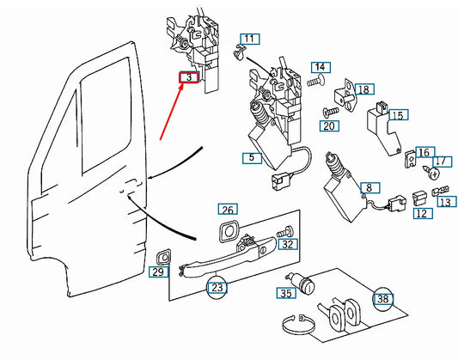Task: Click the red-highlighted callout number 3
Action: tap(188, 78)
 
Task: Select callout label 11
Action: tap(248, 40)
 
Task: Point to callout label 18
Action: tap(363, 89)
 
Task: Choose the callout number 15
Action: tap(397, 114)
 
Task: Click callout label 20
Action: tap(328, 126)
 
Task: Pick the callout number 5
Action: tap(250, 158)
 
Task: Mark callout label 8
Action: tap(369, 187)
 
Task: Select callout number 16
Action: tap(423, 152)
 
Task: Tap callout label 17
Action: tap(441, 161)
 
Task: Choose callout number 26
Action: tap(227, 210)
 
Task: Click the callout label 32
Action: tap(288, 245)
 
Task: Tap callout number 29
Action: tap(157, 272)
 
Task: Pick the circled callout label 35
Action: tap(285, 293)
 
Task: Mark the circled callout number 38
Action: tap(382, 298)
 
